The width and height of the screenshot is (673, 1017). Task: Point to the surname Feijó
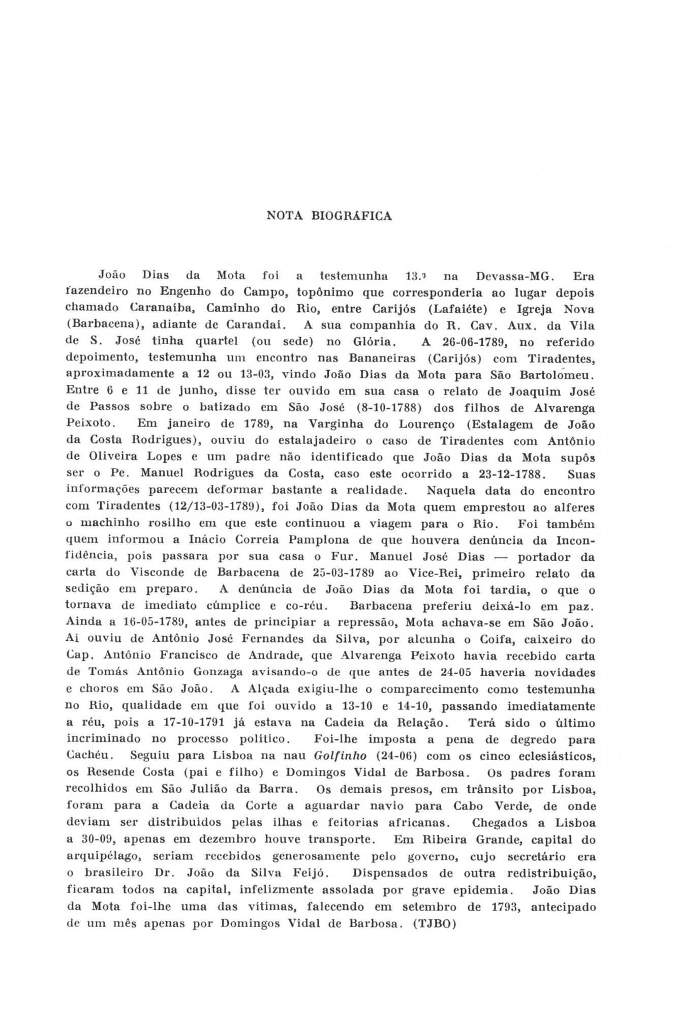[306, 873]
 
